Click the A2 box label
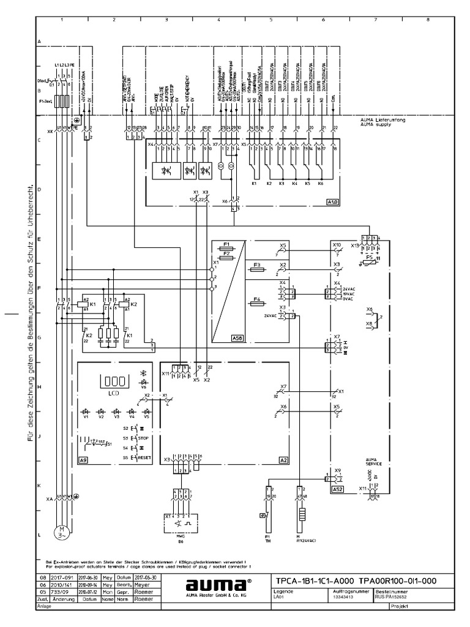[x=283, y=459]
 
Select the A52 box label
[x=337, y=490]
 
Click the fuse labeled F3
[x=257, y=267]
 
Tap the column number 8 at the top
[x=427, y=20]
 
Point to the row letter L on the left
[x=39, y=535]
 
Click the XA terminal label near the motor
[x=49, y=500]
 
